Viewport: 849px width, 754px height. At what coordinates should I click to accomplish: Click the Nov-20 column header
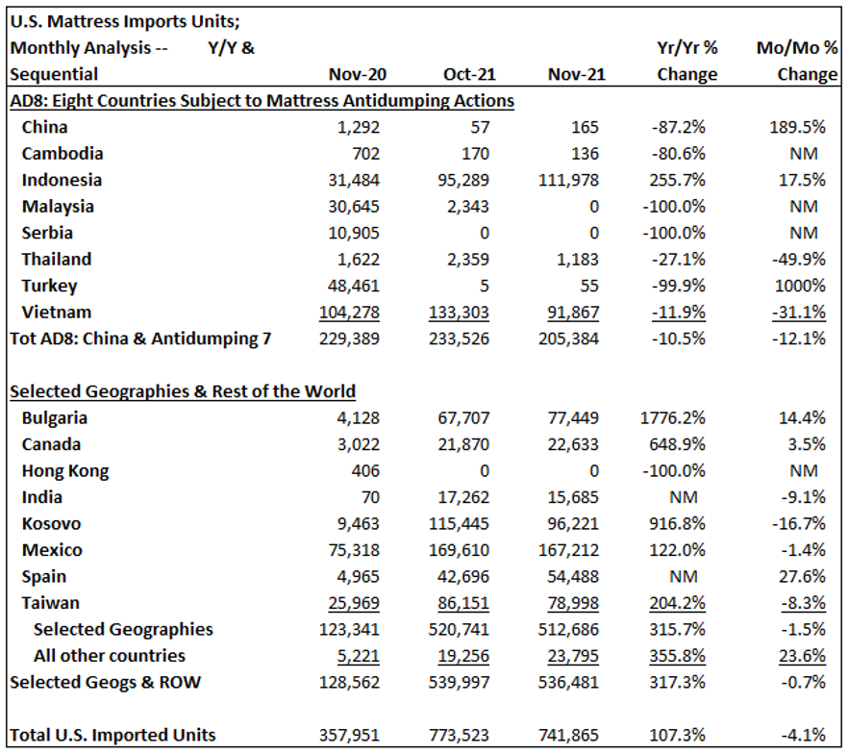click(x=358, y=74)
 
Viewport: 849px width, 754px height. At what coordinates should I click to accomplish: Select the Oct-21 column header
click(x=469, y=74)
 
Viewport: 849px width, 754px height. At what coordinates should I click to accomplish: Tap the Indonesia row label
click(x=62, y=180)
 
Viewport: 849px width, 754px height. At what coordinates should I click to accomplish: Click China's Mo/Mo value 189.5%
click(x=798, y=127)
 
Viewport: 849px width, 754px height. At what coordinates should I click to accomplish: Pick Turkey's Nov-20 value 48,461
click(x=354, y=286)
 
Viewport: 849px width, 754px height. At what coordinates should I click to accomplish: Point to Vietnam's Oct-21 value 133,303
click(x=459, y=313)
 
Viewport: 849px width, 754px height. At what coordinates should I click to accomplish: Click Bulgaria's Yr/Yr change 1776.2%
click(x=672, y=418)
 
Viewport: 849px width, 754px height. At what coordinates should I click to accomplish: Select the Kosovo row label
click(x=51, y=524)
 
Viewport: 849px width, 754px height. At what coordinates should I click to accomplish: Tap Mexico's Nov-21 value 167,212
click(x=568, y=550)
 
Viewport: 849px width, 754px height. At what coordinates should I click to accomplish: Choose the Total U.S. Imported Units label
click(x=112, y=735)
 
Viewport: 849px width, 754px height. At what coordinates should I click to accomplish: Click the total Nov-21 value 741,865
click(x=568, y=735)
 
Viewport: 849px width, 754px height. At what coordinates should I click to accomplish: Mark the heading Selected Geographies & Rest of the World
click(x=183, y=391)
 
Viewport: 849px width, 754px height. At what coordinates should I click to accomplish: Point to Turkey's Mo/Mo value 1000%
click(x=800, y=286)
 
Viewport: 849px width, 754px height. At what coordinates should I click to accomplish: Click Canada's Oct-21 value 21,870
click(x=462, y=444)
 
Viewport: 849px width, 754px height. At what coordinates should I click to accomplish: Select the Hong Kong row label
click(x=65, y=471)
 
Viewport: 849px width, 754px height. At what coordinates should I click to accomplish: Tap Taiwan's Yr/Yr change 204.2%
click(x=677, y=603)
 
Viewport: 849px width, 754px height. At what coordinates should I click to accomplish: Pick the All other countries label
click(x=110, y=656)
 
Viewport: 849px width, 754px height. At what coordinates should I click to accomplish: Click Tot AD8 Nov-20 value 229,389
click(x=349, y=339)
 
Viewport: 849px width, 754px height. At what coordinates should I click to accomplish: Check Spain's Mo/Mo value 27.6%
click(x=802, y=576)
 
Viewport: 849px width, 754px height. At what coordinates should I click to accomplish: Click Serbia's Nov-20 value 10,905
click(x=354, y=233)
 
